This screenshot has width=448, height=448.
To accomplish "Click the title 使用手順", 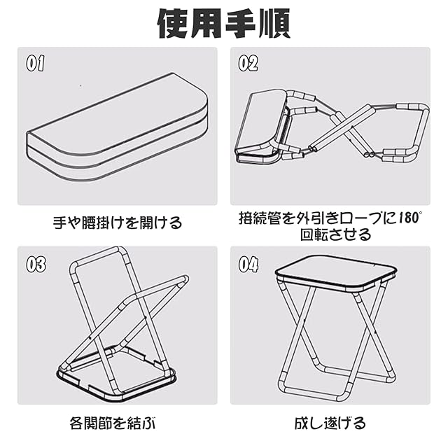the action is [223, 24].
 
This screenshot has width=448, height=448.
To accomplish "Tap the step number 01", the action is [36, 64].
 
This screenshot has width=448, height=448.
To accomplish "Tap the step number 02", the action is [248, 64].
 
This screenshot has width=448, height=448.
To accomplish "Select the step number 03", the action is [36, 265].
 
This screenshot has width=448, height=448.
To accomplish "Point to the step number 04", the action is [248, 265].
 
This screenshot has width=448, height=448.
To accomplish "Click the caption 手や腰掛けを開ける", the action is [118, 223].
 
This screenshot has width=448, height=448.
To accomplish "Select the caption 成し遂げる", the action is [330, 423].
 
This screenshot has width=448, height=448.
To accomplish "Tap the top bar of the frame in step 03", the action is [97, 253].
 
